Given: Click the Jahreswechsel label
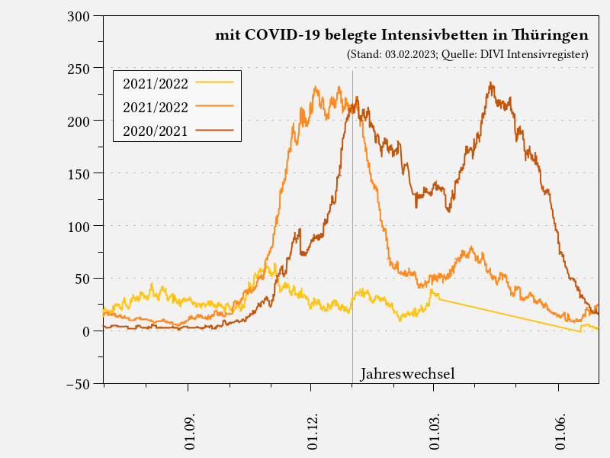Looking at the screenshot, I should pyautogui.click(x=407, y=374).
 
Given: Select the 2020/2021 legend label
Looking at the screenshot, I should pyautogui.click(x=156, y=131).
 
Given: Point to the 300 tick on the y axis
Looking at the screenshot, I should pyautogui.click(x=79, y=16).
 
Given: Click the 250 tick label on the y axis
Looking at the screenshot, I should pyautogui.click(x=79, y=69).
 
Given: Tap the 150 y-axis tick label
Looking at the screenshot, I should pyautogui.click(x=79, y=173).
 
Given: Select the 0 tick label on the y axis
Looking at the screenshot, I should pyautogui.click(x=87, y=331).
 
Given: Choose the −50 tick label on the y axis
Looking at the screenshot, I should pyautogui.click(x=75, y=384).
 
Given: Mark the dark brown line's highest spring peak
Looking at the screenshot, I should pyautogui.click(x=491, y=84).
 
